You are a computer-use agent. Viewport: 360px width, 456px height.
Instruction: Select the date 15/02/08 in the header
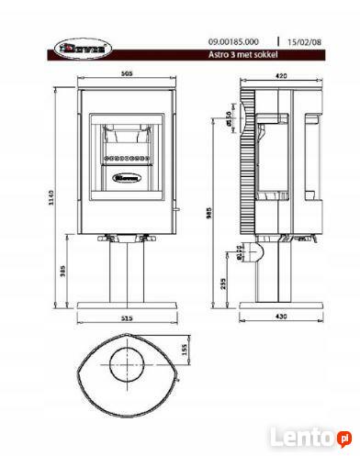pos(306,42)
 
